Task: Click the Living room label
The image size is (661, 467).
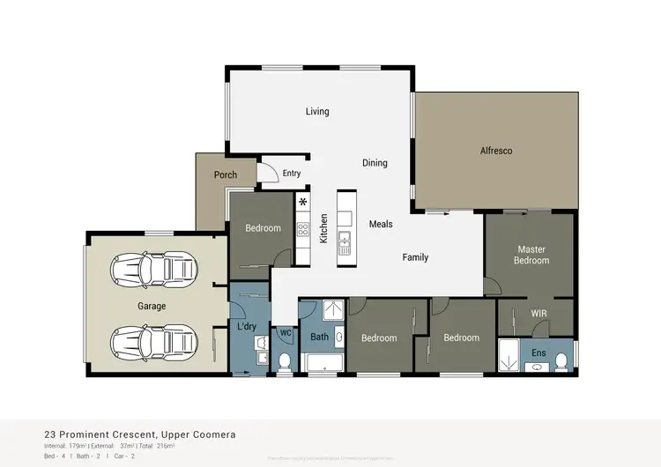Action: tap(317, 112)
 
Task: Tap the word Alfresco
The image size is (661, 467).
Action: tap(496, 151)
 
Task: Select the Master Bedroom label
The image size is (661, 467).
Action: tap(532, 255)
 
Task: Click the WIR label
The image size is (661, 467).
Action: tap(539, 313)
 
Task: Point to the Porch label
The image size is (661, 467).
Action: tap(226, 175)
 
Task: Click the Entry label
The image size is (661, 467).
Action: tap(292, 174)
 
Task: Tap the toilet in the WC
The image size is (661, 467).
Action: tap(286, 360)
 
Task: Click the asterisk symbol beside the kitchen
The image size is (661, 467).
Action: tap(303, 204)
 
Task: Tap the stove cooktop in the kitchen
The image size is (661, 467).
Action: tap(303, 230)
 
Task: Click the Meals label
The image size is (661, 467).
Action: tap(381, 225)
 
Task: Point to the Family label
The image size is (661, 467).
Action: tap(415, 257)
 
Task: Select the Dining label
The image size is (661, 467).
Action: tap(375, 163)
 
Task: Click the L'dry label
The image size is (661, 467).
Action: tap(247, 327)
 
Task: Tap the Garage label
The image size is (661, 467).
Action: tap(151, 307)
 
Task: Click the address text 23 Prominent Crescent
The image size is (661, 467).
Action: tap(99, 434)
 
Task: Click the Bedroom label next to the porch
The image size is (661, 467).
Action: tap(263, 228)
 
